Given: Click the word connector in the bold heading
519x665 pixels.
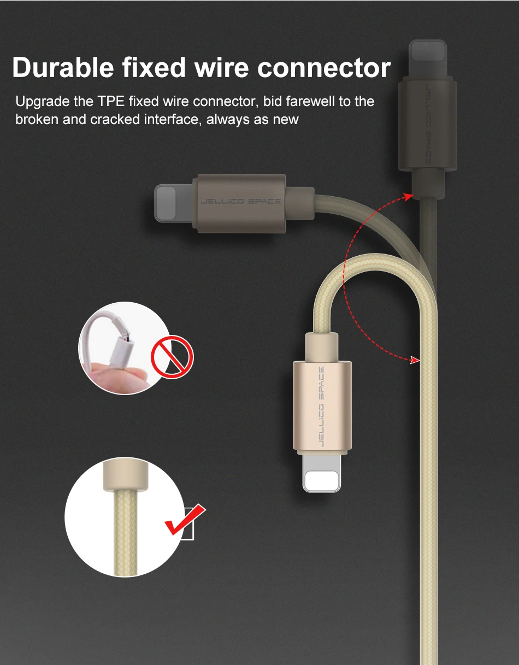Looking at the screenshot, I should [x=324, y=68].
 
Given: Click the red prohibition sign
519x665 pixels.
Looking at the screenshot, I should [x=172, y=357].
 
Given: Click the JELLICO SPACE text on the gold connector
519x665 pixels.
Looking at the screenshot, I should [x=321, y=407].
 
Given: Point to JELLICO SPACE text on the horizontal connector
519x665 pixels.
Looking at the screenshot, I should [x=241, y=202].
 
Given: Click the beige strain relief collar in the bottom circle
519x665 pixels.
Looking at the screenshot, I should [x=125, y=475].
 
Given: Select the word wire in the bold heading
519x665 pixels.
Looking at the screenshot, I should [x=221, y=68].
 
